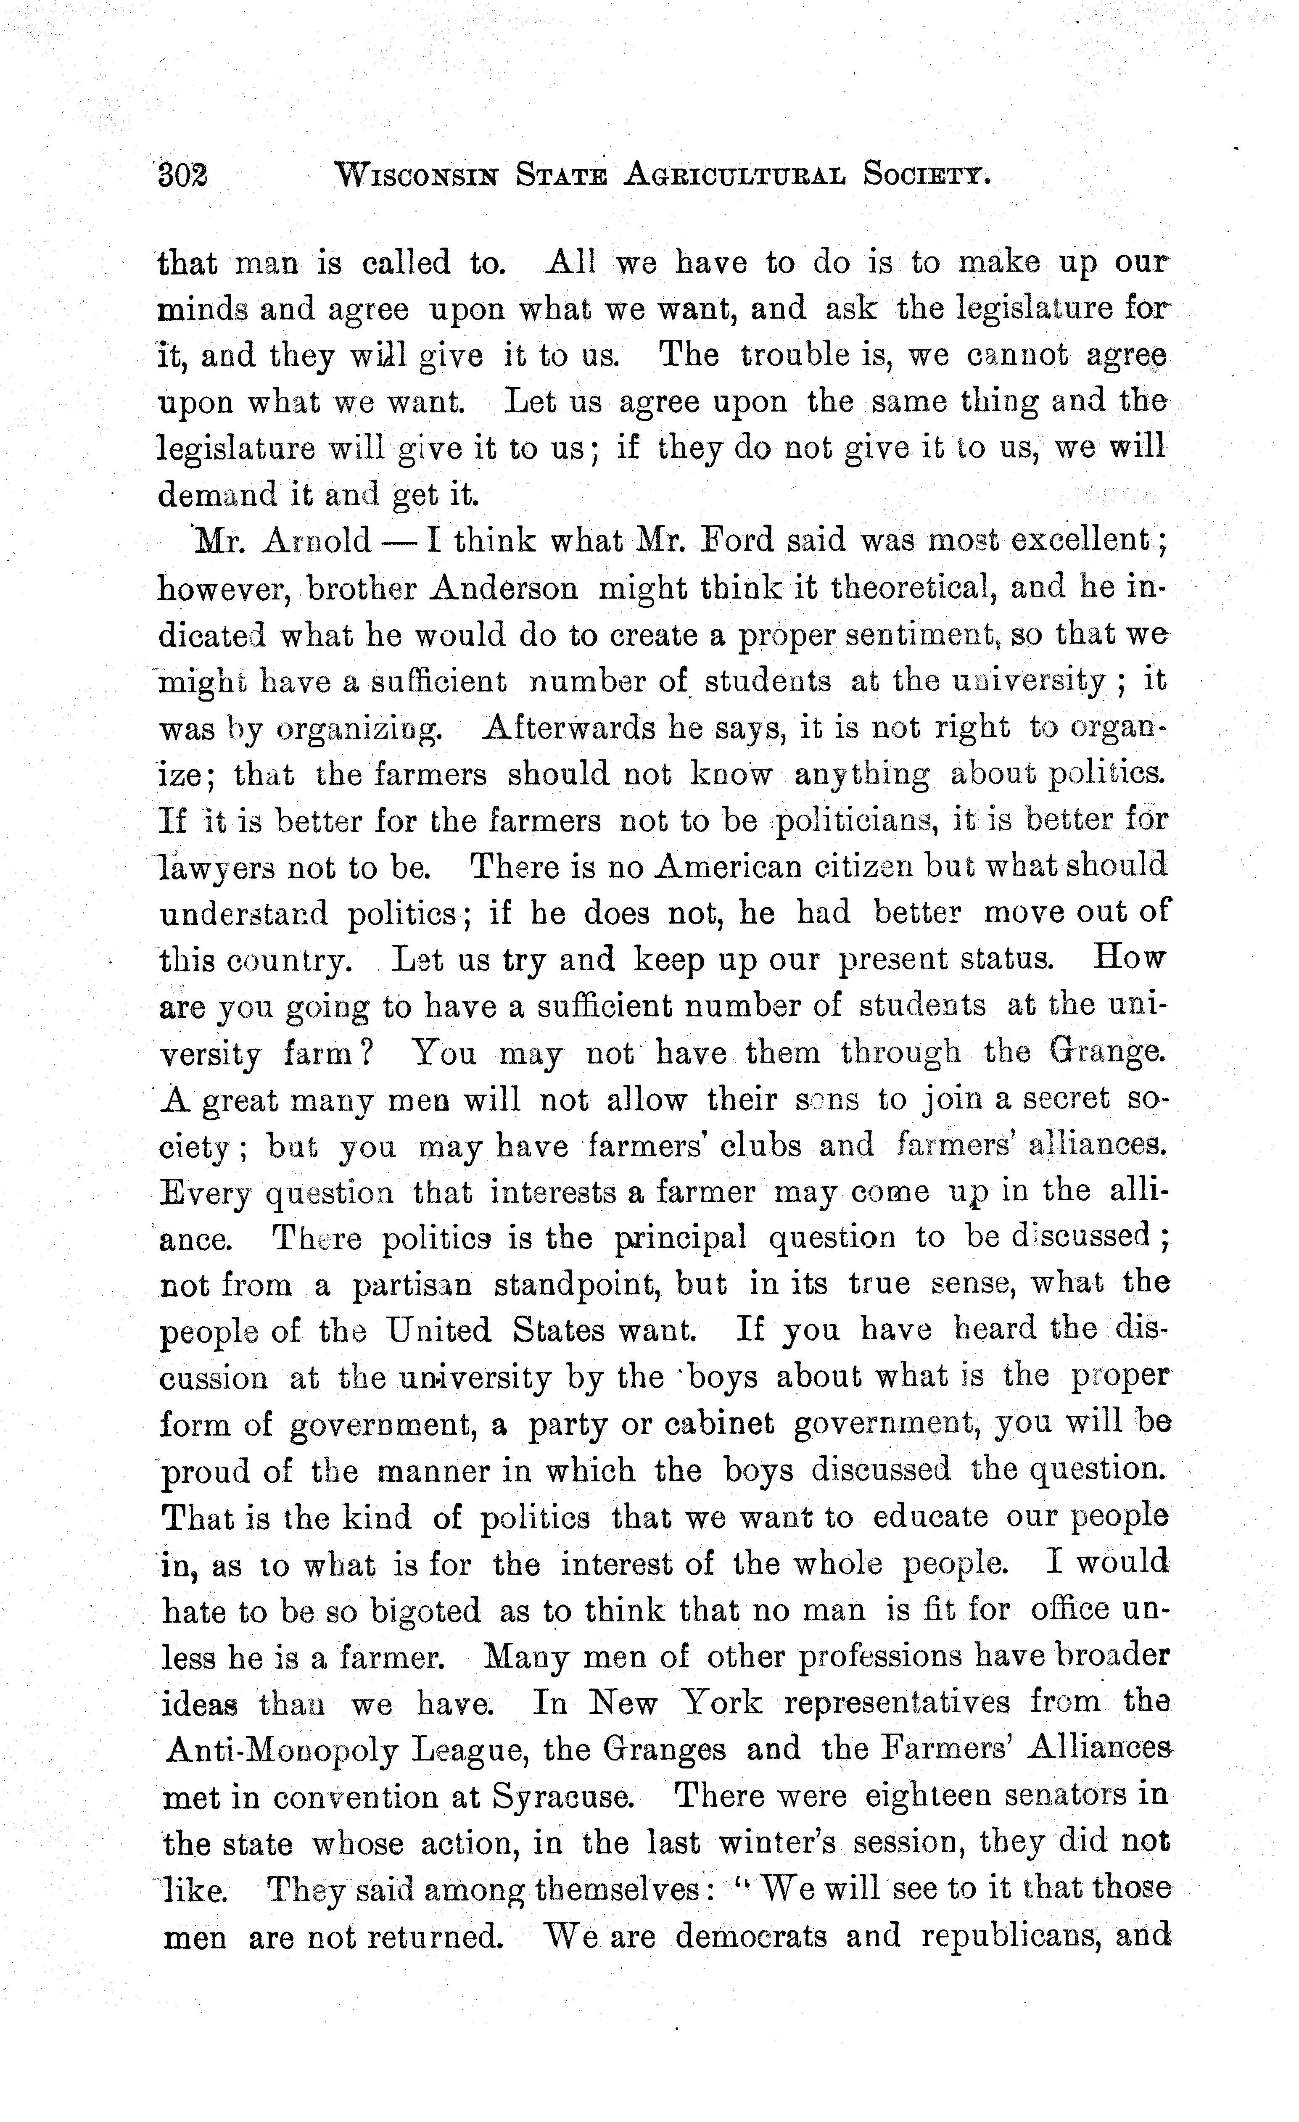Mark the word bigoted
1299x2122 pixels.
coord(424,1611)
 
